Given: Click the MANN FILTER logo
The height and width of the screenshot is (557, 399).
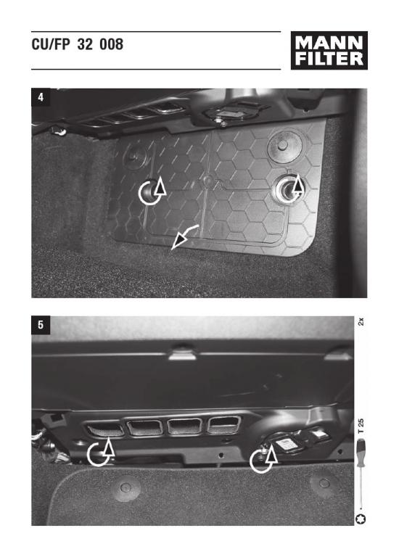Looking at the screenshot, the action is [329, 51].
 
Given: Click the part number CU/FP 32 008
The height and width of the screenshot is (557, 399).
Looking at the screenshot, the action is [78, 44].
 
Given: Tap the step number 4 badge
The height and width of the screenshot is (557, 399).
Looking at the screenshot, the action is [41, 97].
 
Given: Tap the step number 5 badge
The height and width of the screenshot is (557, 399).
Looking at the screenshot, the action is [41, 325].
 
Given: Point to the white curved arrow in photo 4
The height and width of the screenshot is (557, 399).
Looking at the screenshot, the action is [184, 236].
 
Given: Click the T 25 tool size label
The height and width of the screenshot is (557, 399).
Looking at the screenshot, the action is [361, 426].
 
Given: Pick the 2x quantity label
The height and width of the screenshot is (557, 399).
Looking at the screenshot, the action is [361, 322].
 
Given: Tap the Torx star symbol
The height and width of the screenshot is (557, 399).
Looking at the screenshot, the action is [361, 519].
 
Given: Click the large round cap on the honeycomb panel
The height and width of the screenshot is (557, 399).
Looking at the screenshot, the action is [284, 146].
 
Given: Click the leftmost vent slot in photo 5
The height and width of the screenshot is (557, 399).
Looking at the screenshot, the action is [105, 428].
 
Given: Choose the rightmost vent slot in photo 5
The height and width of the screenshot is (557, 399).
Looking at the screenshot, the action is [223, 424].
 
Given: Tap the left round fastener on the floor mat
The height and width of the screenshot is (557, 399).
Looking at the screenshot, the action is [126, 487].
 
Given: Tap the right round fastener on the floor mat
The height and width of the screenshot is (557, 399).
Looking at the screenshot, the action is [324, 483].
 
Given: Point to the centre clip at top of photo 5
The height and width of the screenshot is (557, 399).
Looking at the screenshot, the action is [182, 354].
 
